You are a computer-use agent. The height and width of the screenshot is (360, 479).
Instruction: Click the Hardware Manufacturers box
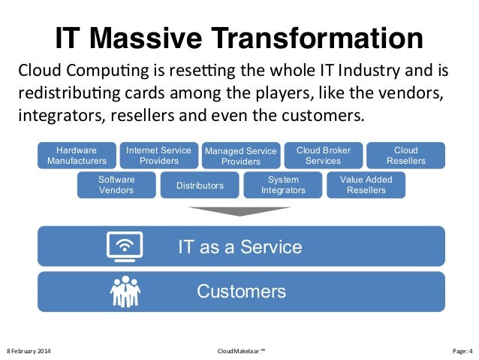coord(77,156)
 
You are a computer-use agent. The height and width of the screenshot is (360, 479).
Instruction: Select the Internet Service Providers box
coord(159,156)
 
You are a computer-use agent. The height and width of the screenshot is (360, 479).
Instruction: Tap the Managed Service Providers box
coord(241,156)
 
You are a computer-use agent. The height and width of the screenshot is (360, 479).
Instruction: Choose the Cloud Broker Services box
coord(324,156)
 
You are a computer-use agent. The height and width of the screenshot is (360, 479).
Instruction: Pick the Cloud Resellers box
coord(406,156)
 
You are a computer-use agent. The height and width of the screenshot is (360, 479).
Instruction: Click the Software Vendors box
coord(116,185)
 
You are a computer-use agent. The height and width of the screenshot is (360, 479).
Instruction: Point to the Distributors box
coord(200,185)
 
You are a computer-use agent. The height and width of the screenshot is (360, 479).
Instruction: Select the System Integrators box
coord(283,185)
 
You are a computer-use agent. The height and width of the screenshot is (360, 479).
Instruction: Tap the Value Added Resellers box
coord(366,185)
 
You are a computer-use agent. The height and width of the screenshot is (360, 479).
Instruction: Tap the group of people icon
coord(125,292)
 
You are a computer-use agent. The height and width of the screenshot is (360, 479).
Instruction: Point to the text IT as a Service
coord(239,247)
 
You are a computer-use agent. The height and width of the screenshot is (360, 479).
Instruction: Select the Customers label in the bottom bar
coord(241,292)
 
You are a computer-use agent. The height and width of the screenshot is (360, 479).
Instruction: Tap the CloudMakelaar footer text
coord(240,351)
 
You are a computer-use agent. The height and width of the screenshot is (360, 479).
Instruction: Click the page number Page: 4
coord(459,351)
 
